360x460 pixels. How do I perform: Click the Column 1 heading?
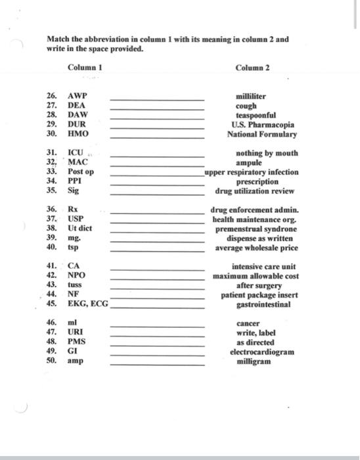tap(85, 68)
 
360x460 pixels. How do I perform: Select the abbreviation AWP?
tap(77, 96)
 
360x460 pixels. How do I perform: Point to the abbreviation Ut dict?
tap(80, 229)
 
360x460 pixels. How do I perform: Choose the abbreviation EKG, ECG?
tap(88, 305)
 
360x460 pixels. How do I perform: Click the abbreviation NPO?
tap(76, 276)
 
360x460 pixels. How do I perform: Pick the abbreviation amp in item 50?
tap(76, 361)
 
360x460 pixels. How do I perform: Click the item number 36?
tap(51, 210)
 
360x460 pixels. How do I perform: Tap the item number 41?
tap(51, 267)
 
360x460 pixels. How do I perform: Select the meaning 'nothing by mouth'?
tap(266, 153)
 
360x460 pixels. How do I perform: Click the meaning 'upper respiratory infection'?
tap(252, 172)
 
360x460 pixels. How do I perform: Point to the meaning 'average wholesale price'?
tap(256, 248)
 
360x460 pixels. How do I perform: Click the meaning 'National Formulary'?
tap(261, 134)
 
